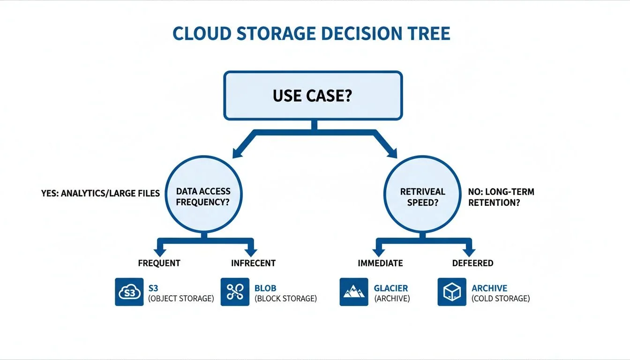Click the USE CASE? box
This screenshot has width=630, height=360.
[x=313, y=96]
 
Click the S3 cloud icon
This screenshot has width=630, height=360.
[x=129, y=292]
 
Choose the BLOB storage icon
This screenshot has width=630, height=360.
[x=235, y=292]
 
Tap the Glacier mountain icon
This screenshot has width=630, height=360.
[x=354, y=292]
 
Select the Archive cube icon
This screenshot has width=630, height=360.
[x=452, y=292]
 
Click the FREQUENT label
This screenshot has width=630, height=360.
[x=159, y=263]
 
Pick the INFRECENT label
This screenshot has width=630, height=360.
[x=253, y=263]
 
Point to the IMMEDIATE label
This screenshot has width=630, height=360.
[x=380, y=263]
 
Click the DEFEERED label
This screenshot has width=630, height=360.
[x=472, y=263]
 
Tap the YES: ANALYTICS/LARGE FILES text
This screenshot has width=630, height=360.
[x=100, y=192]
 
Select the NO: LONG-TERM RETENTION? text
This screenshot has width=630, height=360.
[x=501, y=197]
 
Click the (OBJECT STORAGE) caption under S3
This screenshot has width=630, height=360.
[x=180, y=299]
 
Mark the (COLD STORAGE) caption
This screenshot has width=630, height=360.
[x=501, y=299]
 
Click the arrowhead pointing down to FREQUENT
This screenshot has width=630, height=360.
[x=159, y=252]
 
